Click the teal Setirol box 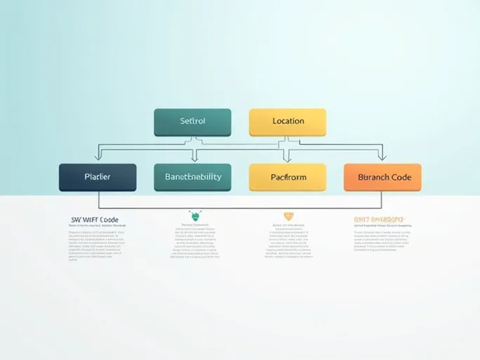pyautogui.click(x=192, y=121)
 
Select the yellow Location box pyautogui.click(x=288, y=121)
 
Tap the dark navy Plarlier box pyautogui.click(x=98, y=177)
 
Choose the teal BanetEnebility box pyautogui.click(x=192, y=177)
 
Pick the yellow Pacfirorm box pyautogui.click(x=288, y=177)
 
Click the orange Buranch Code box pyautogui.click(x=382, y=177)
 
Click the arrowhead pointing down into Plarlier pyautogui.click(x=98, y=160)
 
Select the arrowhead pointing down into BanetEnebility pyautogui.click(x=194, y=160)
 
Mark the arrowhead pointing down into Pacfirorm pyautogui.click(x=286, y=160)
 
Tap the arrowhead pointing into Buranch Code pyautogui.click(x=382, y=159)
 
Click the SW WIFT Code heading pyautogui.click(x=94, y=220)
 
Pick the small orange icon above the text pyautogui.click(x=288, y=216)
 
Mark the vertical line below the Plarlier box pyautogui.click(x=98, y=200)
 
